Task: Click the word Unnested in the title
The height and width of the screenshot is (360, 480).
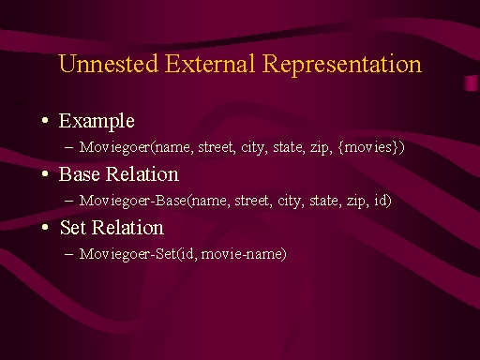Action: tap(108, 64)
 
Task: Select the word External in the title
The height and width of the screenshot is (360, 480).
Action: tap(210, 64)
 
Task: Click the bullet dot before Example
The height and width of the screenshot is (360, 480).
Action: tap(45, 120)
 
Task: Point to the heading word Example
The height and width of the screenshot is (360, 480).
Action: tap(97, 122)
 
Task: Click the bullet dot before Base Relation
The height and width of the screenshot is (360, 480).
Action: tap(45, 173)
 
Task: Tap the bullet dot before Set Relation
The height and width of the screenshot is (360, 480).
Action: tap(45, 227)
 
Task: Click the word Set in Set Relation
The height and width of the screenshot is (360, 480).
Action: tap(72, 227)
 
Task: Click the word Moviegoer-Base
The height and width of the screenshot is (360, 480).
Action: tap(133, 201)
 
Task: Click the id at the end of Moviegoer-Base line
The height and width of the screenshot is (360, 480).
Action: tap(381, 200)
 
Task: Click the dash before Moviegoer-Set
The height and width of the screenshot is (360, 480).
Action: tap(68, 254)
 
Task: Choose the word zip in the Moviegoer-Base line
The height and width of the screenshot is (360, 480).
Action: tap(355, 202)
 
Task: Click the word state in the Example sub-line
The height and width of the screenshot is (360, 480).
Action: tap(289, 147)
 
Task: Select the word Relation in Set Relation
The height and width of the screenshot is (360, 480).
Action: tap(127, 227)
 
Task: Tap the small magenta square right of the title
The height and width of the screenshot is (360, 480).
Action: tap(471, 82)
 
